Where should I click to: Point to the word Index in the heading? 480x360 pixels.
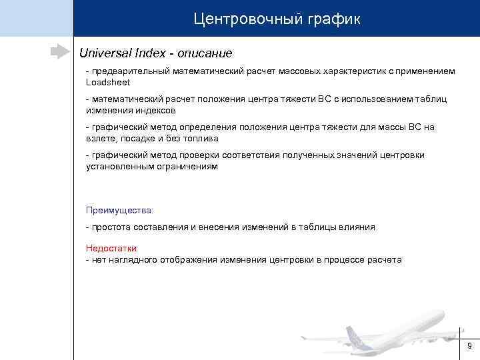151,52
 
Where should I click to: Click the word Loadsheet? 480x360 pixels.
108,82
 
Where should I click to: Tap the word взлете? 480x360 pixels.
101,138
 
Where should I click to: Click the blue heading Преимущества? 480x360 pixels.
119,210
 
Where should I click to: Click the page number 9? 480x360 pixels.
469,345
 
